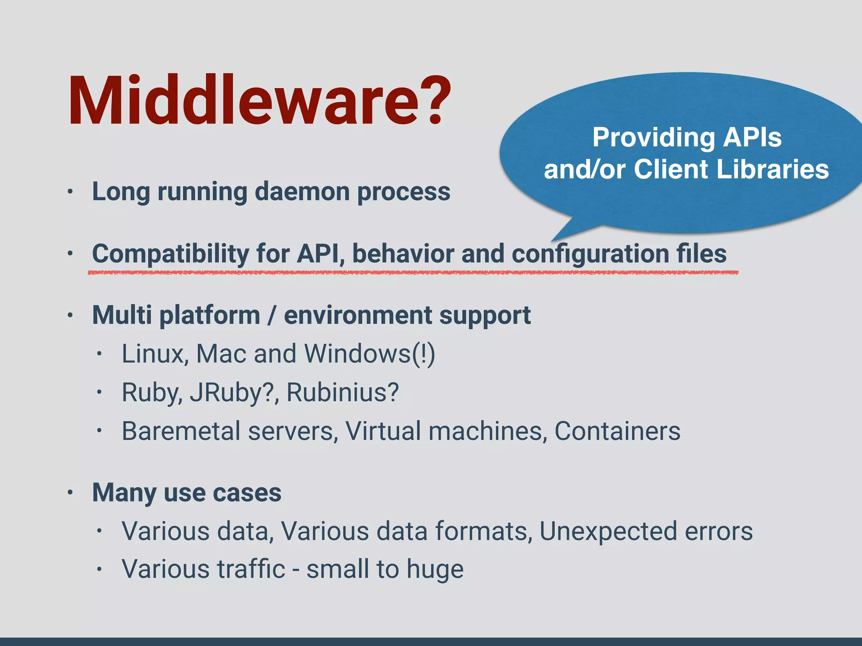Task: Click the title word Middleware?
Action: tap(259, 101)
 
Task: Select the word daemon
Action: tap(302, 192)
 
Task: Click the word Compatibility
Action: tap(170, 254)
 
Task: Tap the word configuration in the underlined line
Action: tap(590, 254)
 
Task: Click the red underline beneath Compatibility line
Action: tap(412, 273)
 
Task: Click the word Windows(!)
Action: tap(369, 354)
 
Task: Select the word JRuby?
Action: tap(234, 392)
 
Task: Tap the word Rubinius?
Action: tap(342, 392)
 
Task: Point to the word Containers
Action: tap(617, 431)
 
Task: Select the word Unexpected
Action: tap(608, 531)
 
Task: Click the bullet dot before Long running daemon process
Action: tap(70, 192)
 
